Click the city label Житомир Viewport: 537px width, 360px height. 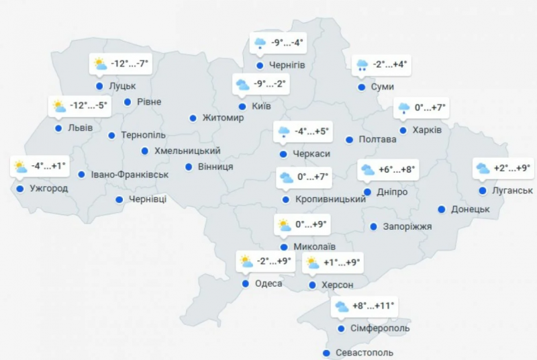click(224, 118)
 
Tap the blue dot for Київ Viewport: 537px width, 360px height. click(242, 106)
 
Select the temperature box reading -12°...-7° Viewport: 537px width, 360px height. click(120, 64)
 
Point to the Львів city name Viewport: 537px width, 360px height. click(81, 128)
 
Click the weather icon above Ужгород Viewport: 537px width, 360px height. click(20, 167)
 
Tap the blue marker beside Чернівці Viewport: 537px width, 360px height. click(119, 199)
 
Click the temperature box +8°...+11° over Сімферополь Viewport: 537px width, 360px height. click(365, 307)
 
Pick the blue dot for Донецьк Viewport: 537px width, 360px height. click(442, 209)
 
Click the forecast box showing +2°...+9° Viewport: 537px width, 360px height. click(503, 169)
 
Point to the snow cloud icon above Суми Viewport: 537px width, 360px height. click(362, 65)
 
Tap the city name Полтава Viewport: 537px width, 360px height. click(378, 140)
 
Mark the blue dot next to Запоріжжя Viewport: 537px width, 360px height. click(373, 227)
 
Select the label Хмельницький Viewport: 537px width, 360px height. click(187, 151)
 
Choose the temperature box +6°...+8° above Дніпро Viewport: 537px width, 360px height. click(388, 170)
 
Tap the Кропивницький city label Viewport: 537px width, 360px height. click(330, 199)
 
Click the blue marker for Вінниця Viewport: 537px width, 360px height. click(189, 166)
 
